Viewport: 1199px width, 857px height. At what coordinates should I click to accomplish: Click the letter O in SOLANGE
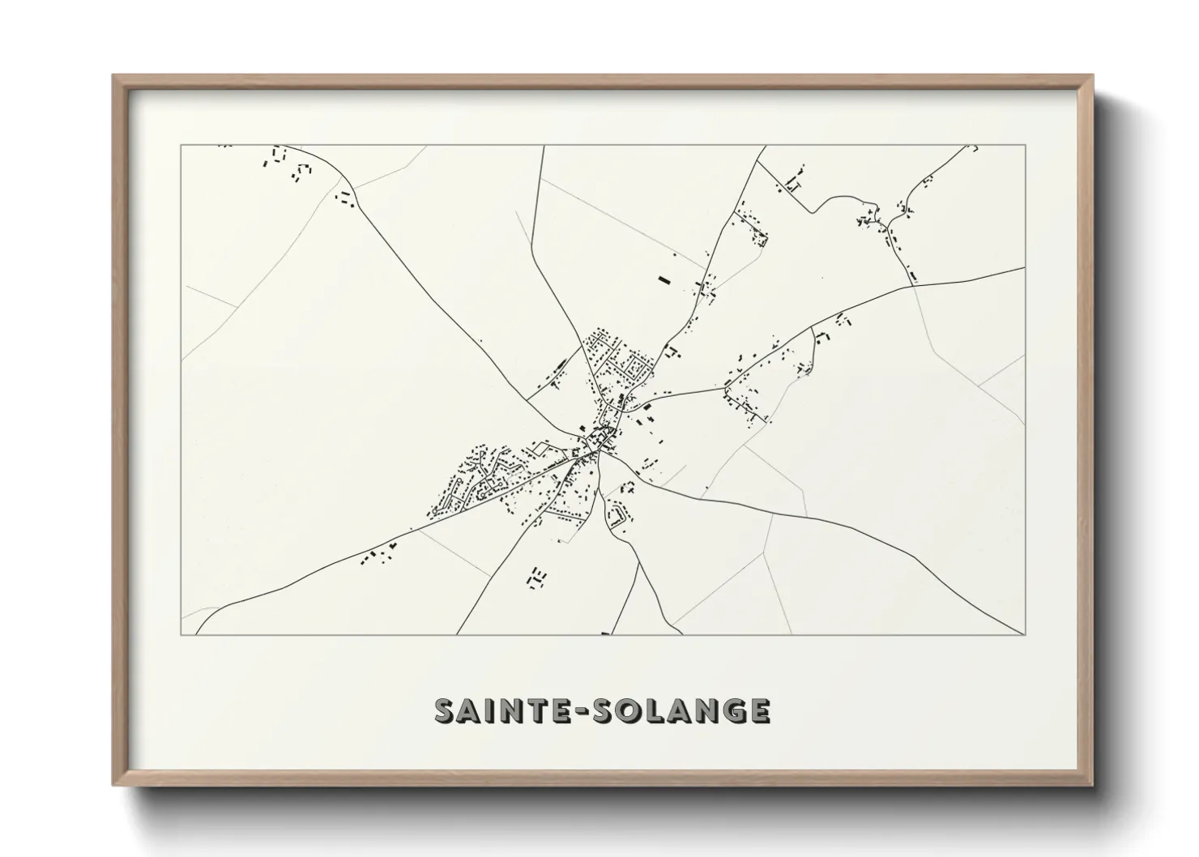(625, 710)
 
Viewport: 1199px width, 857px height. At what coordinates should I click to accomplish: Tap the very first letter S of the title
(446, 710)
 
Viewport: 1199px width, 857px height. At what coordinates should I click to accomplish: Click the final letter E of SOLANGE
(759, 710)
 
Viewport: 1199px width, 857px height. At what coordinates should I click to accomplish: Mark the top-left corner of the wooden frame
(113, 75)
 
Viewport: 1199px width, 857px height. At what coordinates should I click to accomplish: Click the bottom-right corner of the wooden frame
(1092, 785)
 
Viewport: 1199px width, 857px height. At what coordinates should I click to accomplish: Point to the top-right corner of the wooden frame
(1092, 75)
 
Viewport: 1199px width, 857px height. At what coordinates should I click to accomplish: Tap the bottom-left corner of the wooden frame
(113, 785)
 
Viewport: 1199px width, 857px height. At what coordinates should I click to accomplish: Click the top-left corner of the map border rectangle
(181, 146)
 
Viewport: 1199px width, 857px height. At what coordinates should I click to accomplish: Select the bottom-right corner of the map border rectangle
(1026, 635)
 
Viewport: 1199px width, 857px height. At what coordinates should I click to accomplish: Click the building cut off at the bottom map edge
(604, 633)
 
